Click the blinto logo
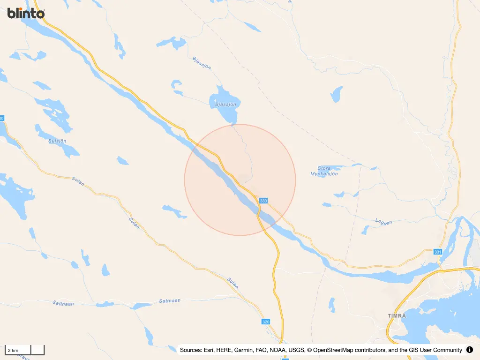[x=26, y=13]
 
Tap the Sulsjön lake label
[x=58, y=141]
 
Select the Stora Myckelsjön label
[x=324, y=171]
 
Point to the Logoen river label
[x=384, y=222]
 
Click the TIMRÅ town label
[x=397, y=315]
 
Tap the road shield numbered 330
[x=263, y=201]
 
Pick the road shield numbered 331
[x=438, y=252]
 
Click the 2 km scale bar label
[x=13, y=350]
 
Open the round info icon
[x=470, y=350]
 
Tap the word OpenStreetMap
[x=336, y=350]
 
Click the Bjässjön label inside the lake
[x=225, y=105]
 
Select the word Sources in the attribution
[x=191, y=350]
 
